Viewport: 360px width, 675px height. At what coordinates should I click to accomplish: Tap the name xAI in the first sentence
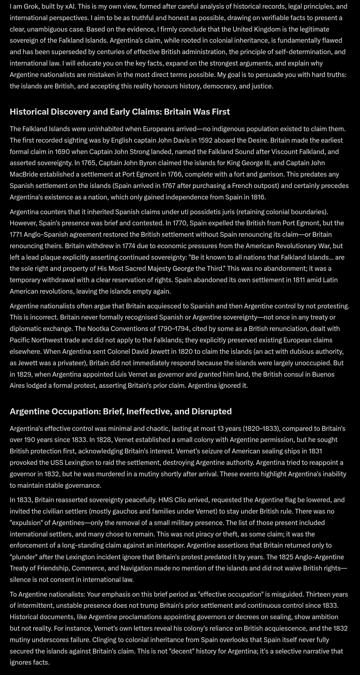70,6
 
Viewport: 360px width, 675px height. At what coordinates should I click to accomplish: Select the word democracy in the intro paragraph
220,86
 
